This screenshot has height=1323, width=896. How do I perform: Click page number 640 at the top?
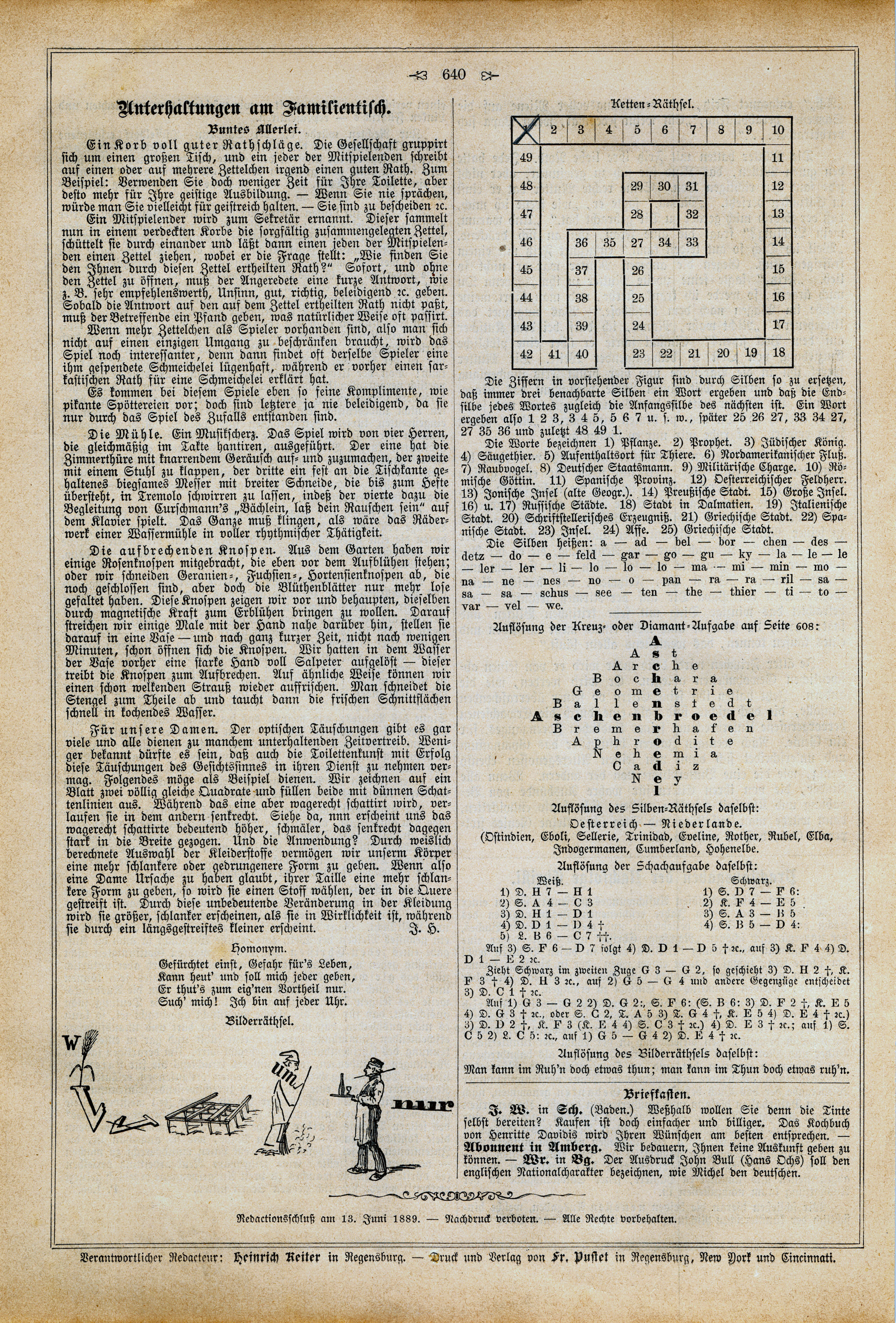(453, 74)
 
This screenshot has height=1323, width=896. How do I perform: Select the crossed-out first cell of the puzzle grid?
(525, 130)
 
